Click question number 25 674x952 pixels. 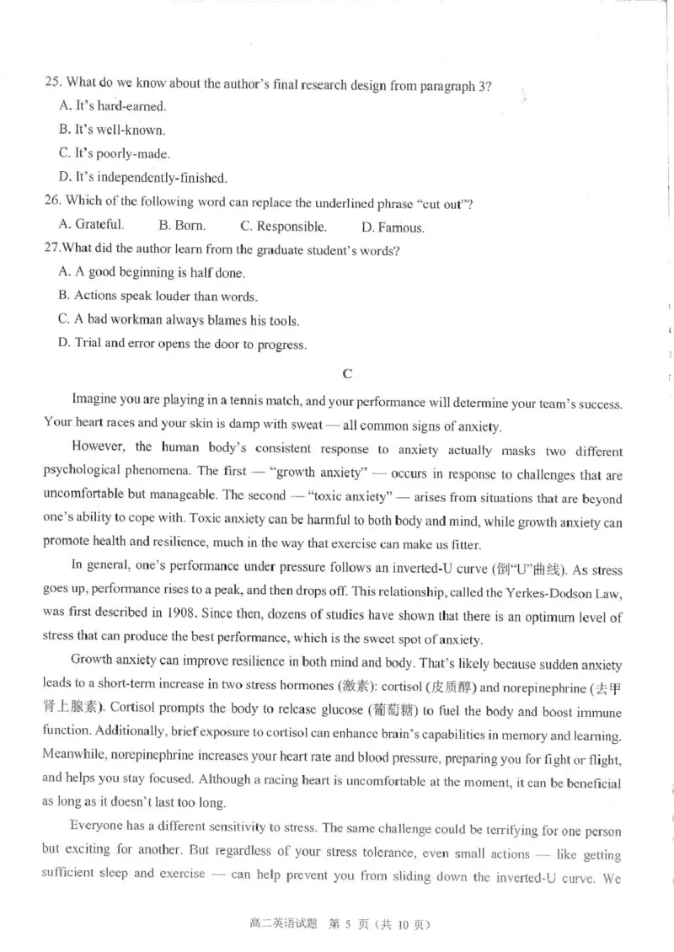54,83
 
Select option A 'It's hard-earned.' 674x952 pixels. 113,106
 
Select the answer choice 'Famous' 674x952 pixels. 393,227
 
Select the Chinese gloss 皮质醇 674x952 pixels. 431,688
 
